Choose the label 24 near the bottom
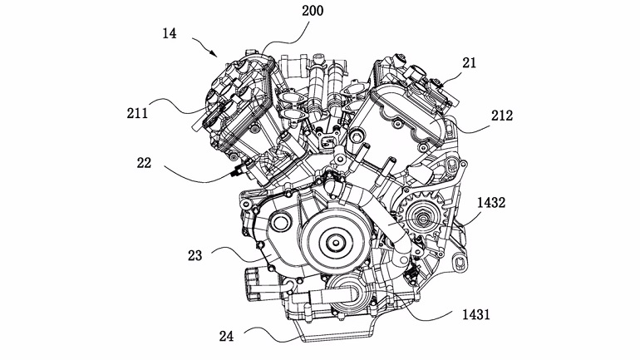pos(226,337)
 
